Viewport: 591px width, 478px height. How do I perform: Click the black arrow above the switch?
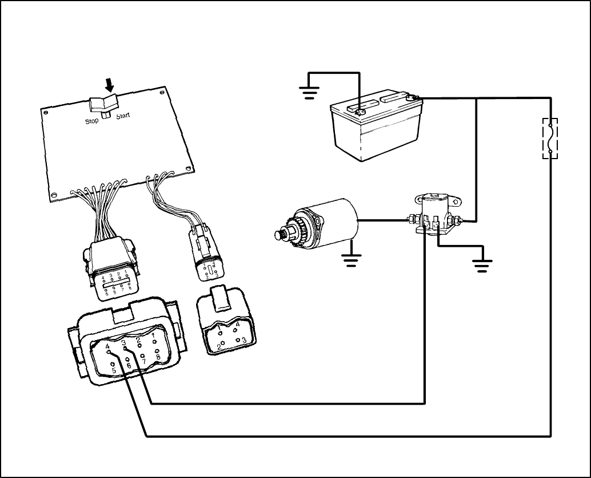[109, 85]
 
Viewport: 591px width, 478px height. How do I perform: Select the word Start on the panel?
[123, 116]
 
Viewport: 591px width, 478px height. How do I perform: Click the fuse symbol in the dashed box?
[550, 138]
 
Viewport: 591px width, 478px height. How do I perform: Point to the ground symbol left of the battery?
[310, 92]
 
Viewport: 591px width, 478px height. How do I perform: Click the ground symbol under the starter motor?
[351, 261]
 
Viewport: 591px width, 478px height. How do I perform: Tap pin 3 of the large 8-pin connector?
[125, 347]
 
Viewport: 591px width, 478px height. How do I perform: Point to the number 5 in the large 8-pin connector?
[114, 370]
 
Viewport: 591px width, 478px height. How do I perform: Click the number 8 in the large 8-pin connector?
[158, 357]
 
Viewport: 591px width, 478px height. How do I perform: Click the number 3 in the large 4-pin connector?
[244, 340]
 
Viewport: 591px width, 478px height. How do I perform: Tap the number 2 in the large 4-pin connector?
[218, 347]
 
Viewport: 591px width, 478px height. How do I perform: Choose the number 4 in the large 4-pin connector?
[237, 324]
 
